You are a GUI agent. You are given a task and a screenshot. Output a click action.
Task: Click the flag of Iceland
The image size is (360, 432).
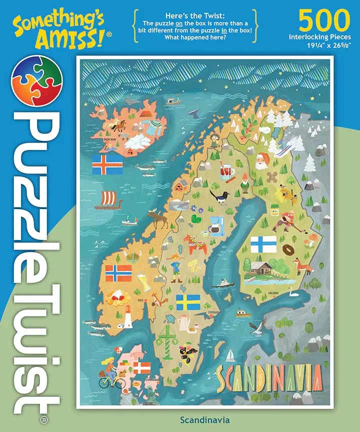tap(107, 164)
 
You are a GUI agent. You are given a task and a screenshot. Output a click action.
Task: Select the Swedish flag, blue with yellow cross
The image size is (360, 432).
tap(188, 301)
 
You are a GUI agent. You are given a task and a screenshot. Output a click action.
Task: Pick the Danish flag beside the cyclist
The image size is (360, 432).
tap(141, 368)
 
